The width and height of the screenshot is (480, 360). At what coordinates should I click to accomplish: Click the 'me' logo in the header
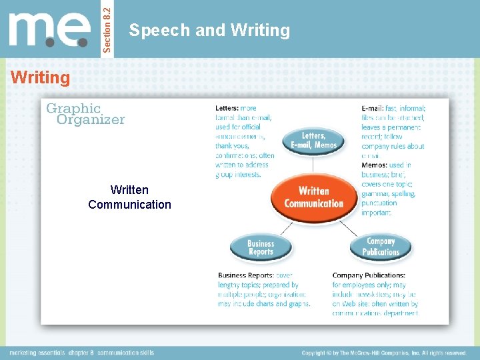point(50,30)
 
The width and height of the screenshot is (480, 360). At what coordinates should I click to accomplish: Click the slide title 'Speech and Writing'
point(209,30)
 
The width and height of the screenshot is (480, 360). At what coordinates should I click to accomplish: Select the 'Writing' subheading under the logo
point(40,78)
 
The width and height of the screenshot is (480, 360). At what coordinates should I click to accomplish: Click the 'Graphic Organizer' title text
point(85,114)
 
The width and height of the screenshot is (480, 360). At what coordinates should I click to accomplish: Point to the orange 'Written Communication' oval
point(313,197)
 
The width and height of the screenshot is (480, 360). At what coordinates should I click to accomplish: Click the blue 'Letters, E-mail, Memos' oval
point(313,140)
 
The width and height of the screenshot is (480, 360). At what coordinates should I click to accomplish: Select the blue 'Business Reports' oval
point(261,248)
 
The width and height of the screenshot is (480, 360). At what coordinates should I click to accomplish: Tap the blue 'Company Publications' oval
point(381,247)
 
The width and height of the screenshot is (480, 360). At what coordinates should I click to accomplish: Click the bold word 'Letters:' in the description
point(227,108)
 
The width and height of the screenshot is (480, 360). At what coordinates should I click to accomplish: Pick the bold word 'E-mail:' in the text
point(373,108)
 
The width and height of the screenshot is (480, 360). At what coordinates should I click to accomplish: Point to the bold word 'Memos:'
point(374,165)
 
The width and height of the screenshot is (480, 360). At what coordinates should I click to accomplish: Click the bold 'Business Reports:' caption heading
point(246,275)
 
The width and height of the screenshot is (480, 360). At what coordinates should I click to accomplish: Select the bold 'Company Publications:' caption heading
point(369,275)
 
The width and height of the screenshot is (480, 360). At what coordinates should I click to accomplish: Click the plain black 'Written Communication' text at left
point(129,197)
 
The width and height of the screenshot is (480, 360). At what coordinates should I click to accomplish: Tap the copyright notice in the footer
point(384,353)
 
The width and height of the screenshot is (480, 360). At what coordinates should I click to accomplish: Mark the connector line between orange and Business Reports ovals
point(285,228)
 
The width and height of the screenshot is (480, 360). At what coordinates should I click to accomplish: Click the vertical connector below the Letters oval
point(313,165)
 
